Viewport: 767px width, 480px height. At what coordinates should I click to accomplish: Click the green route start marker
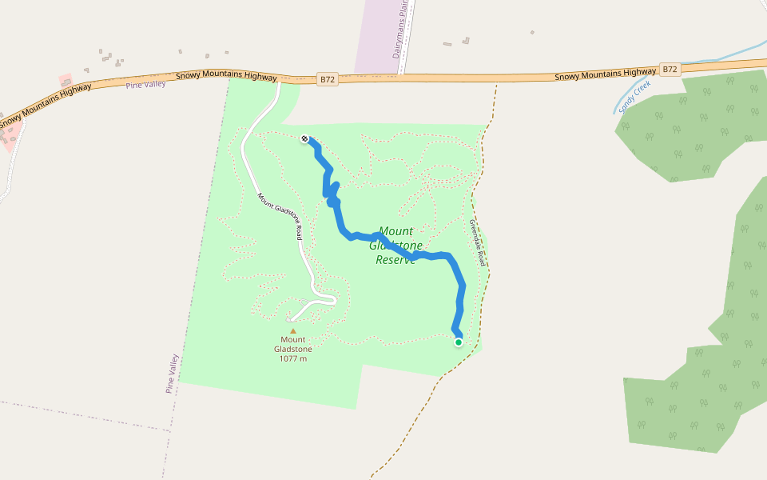pyautogui.click(x=459, y=342)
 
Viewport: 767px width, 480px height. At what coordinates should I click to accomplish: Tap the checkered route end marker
pyautogui.click(x=304, y=139)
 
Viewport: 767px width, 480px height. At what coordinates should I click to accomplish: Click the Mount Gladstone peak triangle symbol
pyautogui.click(x=292, y=330)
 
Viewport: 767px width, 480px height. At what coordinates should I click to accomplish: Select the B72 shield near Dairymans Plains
pyautogui.click(x=327, y=79)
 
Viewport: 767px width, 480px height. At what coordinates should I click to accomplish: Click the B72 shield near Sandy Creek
pyautogui.click(x=670, y=70)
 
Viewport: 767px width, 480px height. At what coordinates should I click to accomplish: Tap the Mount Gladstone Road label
pyautogui.click(x=279, y=216)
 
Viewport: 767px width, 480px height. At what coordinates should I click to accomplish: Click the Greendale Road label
pyautogui.click(x=477, y=242)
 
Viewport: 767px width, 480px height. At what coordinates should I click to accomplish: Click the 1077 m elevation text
pyautogui.click(x=292, y=358)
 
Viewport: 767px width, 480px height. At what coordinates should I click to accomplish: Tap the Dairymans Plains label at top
pyautogui.click(x=399, y=30)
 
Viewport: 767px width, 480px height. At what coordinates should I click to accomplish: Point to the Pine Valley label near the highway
pyautogui.click(x=145, y=84)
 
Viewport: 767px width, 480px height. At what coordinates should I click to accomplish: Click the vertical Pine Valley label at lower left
pyautogui.click(x=171, y=374)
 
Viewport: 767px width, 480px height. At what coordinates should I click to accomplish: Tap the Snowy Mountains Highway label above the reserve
pyautogui.click(x=226, y=77)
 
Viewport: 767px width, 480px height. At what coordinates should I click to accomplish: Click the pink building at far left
pyautogui.click(x=65, y=81)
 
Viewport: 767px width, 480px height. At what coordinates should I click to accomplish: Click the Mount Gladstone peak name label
pyautogui.click(x=292, y=344)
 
